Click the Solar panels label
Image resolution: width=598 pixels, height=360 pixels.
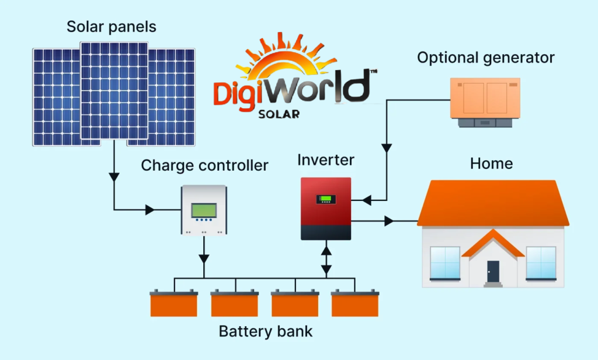pyautogui.click(x=112, y=26)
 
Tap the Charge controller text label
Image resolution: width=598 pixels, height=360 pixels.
pyautogui.click(x=204, y=165)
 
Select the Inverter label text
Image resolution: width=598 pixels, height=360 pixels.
pyautogui.click(x=325, y=160)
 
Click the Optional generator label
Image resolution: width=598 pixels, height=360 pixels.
pyautogui.click(x=485, y=58)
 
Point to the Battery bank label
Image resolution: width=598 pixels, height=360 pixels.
pyautogui.click(x=266, y=332)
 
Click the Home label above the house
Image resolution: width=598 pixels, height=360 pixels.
pyautogui.click(x=491, y=163)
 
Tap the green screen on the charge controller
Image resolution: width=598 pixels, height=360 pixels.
pyautogui.click(x=204, y=209)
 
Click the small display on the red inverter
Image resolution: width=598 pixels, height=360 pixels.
pyautogui.click(x=326, y=199)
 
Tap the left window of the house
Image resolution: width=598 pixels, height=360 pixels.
pyautogui.click(x=445, y=262)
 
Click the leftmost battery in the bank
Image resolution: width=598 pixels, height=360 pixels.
pyautogui.click(x=174, y=303)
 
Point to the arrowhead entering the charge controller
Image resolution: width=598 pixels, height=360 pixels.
pyautogui.click(x=149, y=209)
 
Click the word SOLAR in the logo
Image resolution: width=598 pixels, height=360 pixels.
pyautogui.click(x=279, y=113)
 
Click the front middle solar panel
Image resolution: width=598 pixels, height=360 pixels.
pyautogui.click(x=114, y=91)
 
